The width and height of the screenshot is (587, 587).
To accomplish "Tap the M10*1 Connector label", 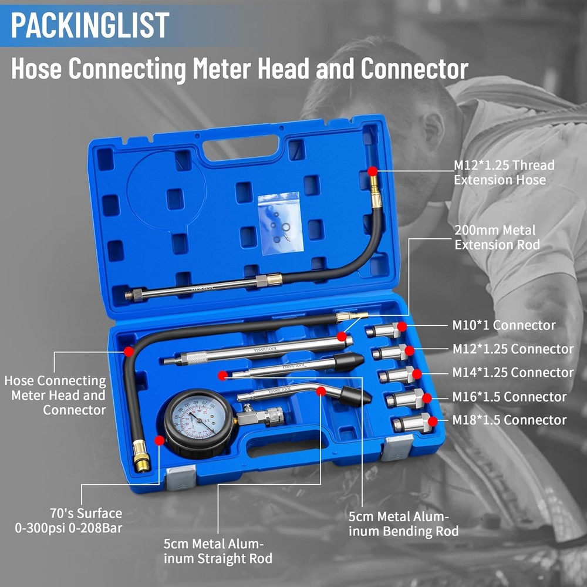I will (504, 325).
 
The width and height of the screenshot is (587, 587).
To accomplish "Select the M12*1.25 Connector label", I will (512, 349).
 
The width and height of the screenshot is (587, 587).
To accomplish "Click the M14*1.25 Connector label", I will (512, 373).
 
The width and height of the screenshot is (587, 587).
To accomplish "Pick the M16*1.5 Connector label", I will (509, 397).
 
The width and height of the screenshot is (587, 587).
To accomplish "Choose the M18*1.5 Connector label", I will (509, 420).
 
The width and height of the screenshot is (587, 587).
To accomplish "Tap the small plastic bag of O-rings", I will (279, 223).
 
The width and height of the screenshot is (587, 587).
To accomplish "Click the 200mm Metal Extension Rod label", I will (497, 237).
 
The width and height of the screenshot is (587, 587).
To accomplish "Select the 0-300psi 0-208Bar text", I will (69, 528).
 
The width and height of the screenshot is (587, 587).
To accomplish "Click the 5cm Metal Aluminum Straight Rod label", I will (218, 551).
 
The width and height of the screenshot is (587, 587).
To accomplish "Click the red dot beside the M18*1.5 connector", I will (433, 421).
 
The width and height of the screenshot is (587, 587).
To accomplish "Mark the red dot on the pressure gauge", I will (159, 440).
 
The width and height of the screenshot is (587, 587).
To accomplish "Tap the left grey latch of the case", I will (180, 478).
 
